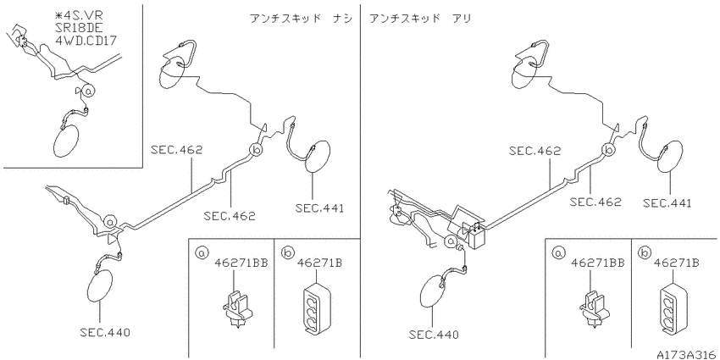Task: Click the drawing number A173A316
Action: coord(686,355)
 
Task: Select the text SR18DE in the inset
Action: coord(76,28)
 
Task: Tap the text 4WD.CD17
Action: coord(86,41)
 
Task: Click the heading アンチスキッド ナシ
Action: coord(302,19)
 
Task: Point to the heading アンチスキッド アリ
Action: coord(420,19)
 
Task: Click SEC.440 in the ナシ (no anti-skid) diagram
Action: coord(104,333)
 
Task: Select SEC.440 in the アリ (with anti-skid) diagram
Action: coord(433,335)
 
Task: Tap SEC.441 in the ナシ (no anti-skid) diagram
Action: coord(319,208)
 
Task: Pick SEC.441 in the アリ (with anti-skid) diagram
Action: coord(667,203)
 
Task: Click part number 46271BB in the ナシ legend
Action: coord(241,263)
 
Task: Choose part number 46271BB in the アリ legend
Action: coord(598,263)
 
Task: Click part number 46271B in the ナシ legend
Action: coord(319,263)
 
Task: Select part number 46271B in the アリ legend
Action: coord(677,263)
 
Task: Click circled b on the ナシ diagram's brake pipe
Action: coord(256,149)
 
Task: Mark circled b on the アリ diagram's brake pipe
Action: coord(608,150)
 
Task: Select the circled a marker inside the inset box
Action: coord(89,91)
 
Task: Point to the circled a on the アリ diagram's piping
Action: coord(451,241)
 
